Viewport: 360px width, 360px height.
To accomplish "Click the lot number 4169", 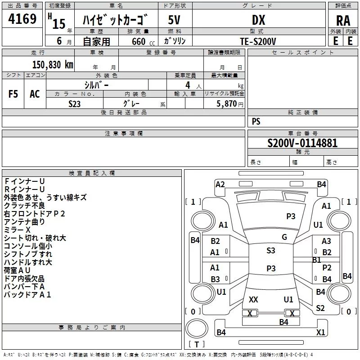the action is (22, 18).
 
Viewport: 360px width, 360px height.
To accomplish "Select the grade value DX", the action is (258, 20).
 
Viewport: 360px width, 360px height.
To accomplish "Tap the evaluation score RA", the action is (343, 21).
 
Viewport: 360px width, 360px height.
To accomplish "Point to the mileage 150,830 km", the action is (53, 64).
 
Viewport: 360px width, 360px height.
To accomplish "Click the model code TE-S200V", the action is (258, 41).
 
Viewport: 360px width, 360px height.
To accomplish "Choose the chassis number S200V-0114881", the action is (302, 143).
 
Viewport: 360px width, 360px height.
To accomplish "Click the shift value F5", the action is (13, 94).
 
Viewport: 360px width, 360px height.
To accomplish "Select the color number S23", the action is (74, 104).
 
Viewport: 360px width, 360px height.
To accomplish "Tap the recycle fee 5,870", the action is (226, 103).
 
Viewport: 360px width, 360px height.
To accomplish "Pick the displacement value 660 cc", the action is (143, 41).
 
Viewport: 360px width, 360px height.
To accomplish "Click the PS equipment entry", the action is (256, 121).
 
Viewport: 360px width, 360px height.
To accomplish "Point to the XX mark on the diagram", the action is (253, 299).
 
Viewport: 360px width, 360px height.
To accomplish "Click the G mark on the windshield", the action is (284, 237).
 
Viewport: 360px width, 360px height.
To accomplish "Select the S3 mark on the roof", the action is (271, 250).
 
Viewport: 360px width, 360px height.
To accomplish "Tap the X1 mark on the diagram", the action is (320, 332).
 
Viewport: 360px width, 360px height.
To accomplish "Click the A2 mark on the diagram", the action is (220, 184).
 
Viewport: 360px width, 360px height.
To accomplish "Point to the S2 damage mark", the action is (320, 308).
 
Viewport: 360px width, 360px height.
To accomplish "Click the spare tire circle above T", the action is (197, 328).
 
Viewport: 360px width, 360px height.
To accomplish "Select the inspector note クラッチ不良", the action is (24, 205).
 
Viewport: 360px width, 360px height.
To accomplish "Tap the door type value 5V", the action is (174, 20).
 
